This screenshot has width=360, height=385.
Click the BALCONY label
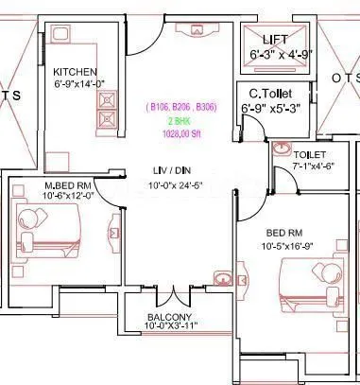click(x=170, y=317)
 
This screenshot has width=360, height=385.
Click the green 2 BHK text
click(x=180, y=122)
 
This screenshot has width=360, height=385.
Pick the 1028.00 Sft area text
click(x=180, y=134)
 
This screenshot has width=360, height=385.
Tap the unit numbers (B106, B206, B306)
click(x=180, y=110)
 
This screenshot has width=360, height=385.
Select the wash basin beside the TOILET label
click(x=281, y=149)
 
